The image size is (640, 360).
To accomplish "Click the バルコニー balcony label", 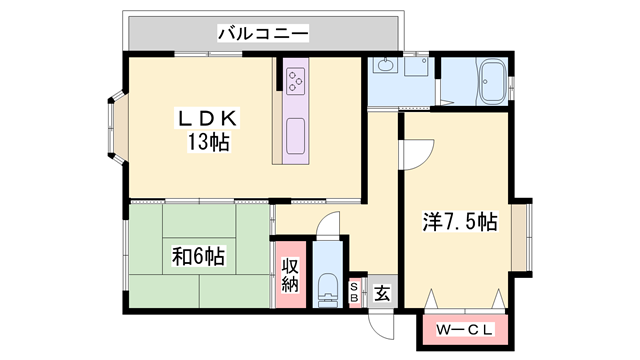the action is click(x=263, y=34).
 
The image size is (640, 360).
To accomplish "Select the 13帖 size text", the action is click(x=207, y=142).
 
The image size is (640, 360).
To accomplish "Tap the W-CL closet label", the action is click(x=461, y=328).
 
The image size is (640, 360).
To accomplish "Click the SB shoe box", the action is click(x=355, y=293).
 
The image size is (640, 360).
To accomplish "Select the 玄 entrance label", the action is click(x=382, y=294).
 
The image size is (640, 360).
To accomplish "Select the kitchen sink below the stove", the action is click(x=297, y=132).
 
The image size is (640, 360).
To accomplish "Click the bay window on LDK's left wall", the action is click(x=112, y=129).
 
